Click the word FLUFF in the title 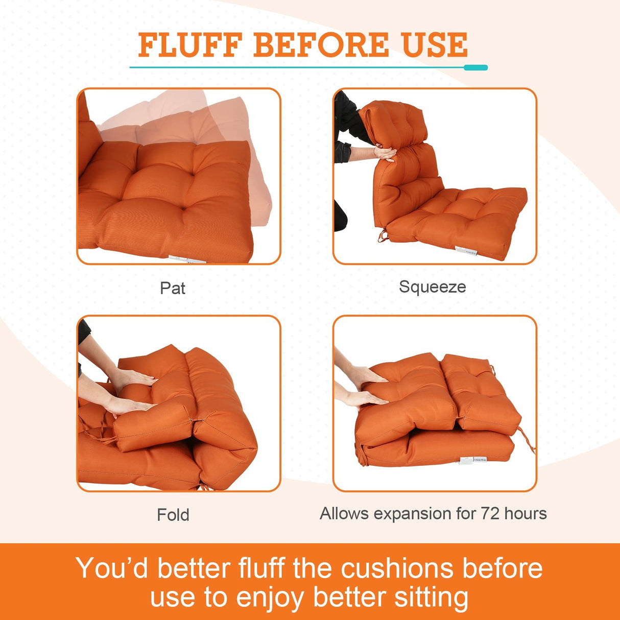coord(190,45)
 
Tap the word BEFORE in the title coord(321,45)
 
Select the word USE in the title coord(435,45)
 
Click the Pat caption coord(173,288)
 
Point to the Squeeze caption coord(432,287)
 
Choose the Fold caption coord(173,514)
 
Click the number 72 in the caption coord(490,513)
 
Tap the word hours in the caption coord(526,513)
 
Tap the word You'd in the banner coord(112,568)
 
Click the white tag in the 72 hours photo coord(473,461)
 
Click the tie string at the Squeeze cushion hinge coord(382,236)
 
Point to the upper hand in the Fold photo coord(134,379)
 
